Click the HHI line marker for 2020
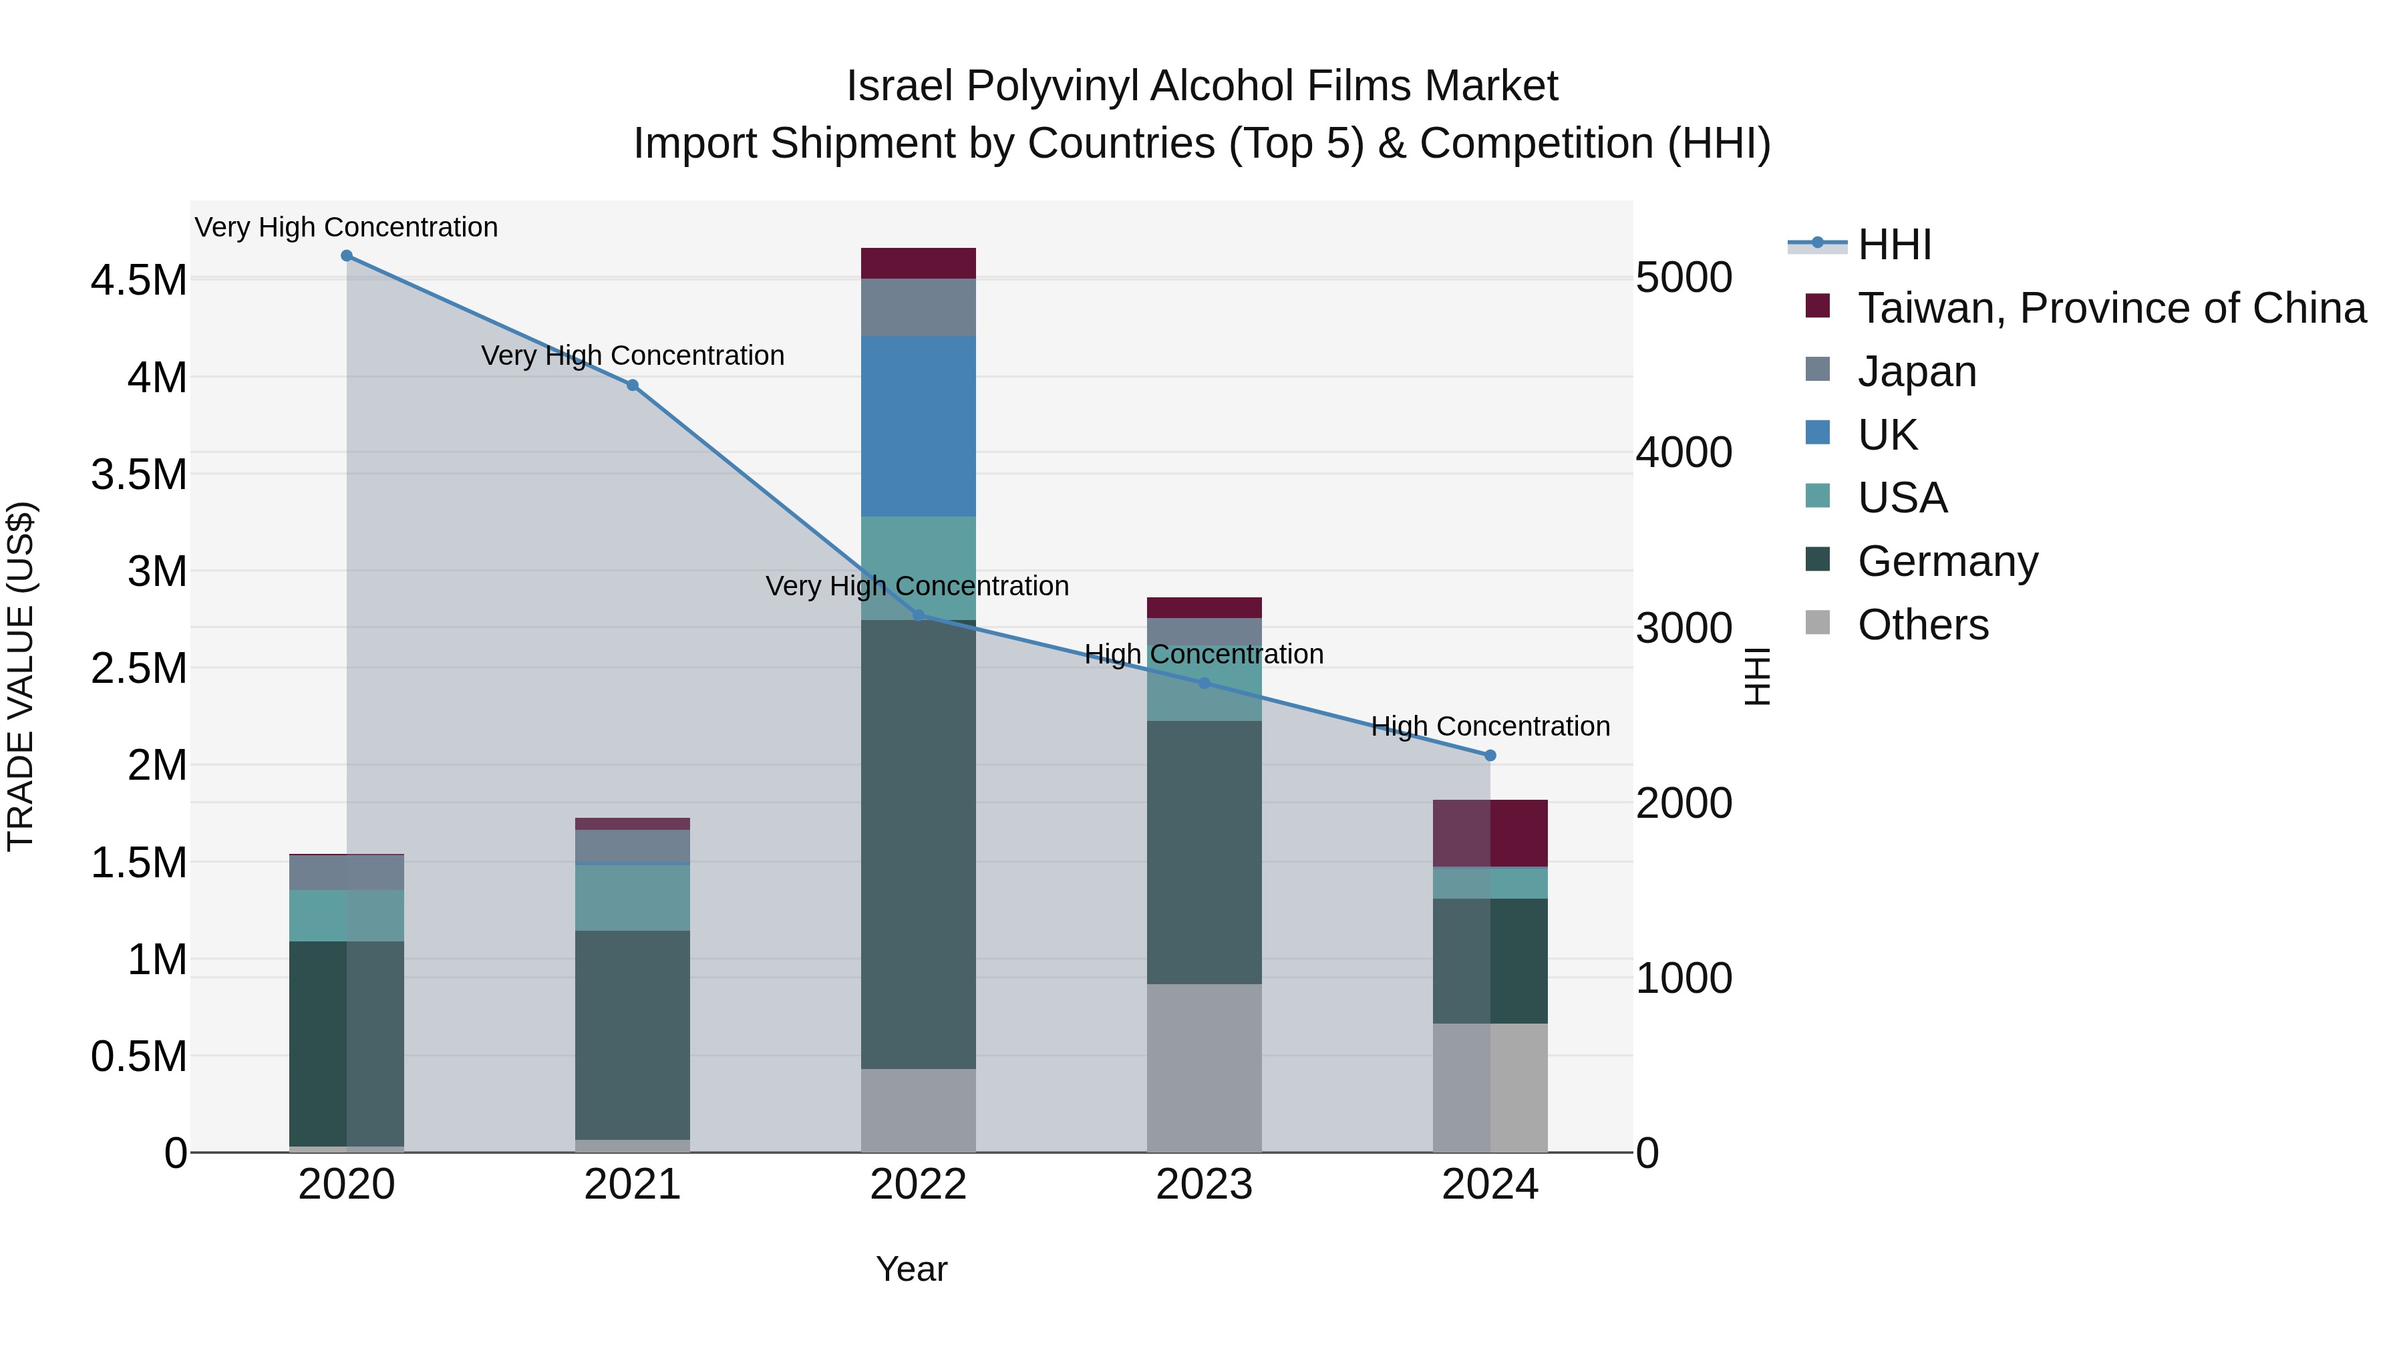click(x=346, y=256)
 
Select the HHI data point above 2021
click(x=632, y=386)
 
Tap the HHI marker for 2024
click(x=1490, y=756)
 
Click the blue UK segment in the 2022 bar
click(x=918, y=426)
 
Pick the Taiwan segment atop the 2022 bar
click(x=918, y=263)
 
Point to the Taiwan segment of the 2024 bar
click(x=1490, y=833)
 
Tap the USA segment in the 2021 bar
click(x=632, y=897)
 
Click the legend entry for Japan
click(x=1917, y=371)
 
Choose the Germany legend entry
click(x=1947, y=561)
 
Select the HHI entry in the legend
click(x=1895, y=245)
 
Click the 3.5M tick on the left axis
click(x=138, y=474)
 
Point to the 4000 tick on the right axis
click(x=1684, y=453)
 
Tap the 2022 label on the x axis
click(x=918, y=1185)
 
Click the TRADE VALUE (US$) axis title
click(x=21, y=676)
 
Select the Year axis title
click(x=911, y=1269)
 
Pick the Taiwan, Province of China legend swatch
click(x=1818, y=306)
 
